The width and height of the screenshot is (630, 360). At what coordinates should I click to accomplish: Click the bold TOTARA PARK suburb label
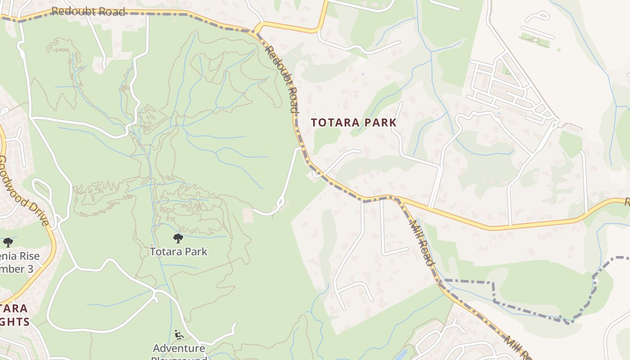tap(354, 122)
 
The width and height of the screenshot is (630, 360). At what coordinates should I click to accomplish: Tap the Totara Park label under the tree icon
tap(179, 251)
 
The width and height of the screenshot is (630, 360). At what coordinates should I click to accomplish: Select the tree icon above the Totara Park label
tap(178, 238)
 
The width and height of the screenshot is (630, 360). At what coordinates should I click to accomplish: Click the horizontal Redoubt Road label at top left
tap(88, 11)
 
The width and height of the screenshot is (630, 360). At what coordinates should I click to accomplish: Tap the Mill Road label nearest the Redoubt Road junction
tap(421, 243)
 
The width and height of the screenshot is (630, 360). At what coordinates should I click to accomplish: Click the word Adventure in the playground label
tap(179, 348)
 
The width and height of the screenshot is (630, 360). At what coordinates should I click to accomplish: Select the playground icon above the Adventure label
tap(179, 335)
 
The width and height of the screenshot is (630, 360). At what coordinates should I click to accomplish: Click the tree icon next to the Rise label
tap(8, 243)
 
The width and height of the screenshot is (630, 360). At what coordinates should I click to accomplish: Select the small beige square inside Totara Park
tap(248, 216)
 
